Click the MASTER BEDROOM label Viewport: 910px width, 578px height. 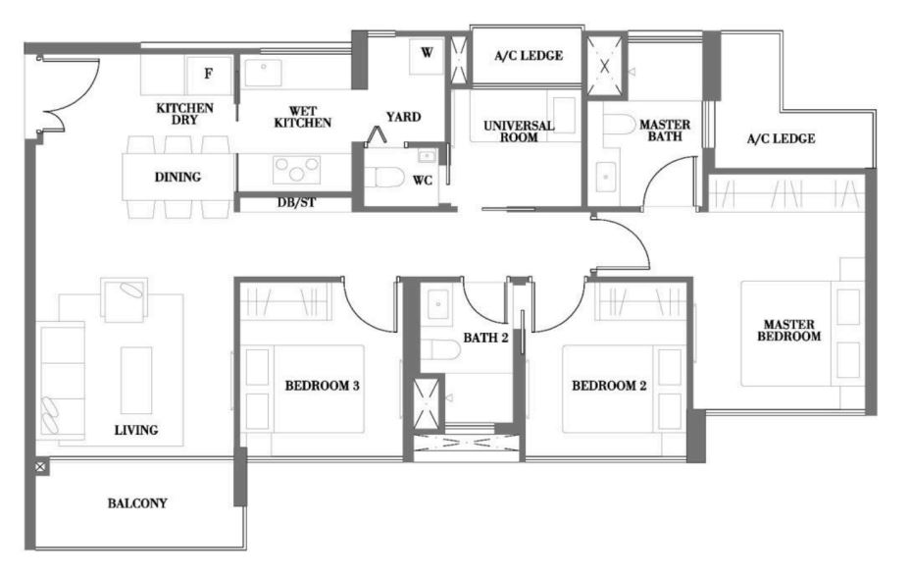[789, 330]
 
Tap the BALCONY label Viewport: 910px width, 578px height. [137, 503]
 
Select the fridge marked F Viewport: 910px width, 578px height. [208, 75]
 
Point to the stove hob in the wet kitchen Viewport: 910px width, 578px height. [296, 170]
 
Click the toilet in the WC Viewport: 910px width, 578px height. [388, 178]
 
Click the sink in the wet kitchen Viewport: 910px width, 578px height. [263, 71]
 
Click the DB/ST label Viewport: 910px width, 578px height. [296, 203]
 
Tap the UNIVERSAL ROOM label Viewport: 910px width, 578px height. [519, 131]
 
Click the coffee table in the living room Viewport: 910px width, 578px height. [136, 381]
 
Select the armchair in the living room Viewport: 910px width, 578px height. [124, 298]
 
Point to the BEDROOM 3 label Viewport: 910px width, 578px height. [322, 386]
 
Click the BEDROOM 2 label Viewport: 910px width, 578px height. [609, 386]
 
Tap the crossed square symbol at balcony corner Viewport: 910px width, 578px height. [42, 466]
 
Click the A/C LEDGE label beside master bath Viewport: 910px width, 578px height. [782, 138]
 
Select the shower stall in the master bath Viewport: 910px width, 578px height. [605, 66]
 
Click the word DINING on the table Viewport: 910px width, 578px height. [177, 177]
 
